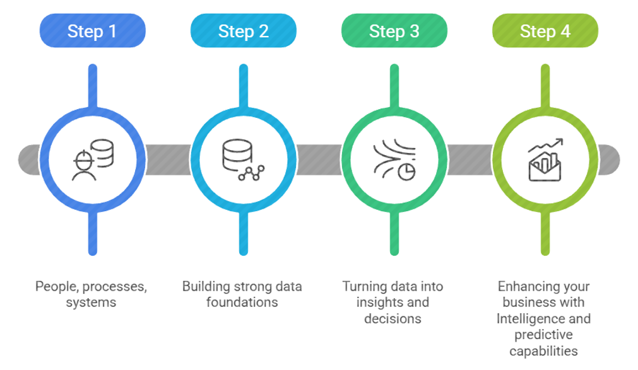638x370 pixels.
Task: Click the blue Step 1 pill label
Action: (92, 31)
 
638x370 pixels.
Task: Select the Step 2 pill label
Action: (243, 31)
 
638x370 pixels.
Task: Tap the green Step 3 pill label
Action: (394, 31)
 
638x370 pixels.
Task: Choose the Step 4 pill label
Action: (545, 31)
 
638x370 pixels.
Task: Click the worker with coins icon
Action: (93, 159)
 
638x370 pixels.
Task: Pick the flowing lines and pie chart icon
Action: (394, 159)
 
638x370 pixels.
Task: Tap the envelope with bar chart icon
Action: (545, 159)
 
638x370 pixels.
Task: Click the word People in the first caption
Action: (54, 287)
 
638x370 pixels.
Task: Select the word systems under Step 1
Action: (91, 303)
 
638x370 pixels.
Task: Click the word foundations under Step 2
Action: (242, 303)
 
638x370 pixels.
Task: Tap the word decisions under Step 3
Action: (393, 319)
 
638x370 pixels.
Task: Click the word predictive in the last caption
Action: (544, 335)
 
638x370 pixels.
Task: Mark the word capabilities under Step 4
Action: (544, 351)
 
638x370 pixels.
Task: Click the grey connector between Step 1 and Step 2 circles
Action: (167, 159)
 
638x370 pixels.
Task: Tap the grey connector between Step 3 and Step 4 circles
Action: (469, 159)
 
